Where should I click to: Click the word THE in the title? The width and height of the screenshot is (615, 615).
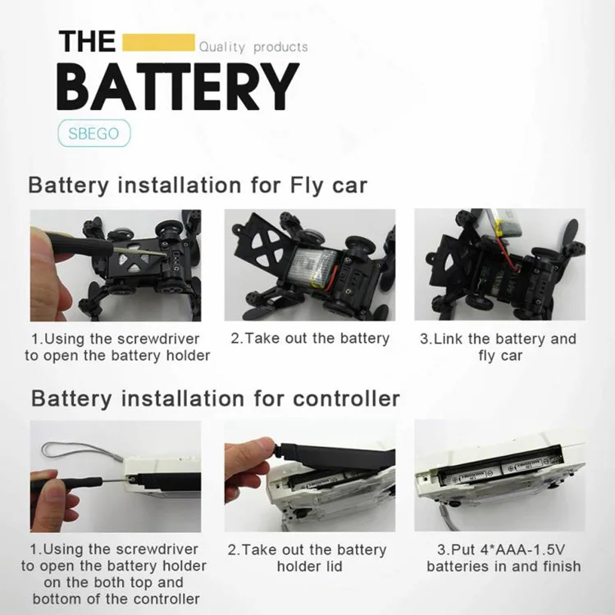(x=87, y=42)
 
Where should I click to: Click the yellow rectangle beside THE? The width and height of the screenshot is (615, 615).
(x=158, y=43)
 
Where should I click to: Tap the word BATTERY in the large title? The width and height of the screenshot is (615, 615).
(x=178, y=87)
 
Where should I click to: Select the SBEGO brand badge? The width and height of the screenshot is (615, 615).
(x=93, y=134)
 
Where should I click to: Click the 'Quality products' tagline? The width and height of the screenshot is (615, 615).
(x=253, y=47)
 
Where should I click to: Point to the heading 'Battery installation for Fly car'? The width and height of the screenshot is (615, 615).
(x=198, y=185)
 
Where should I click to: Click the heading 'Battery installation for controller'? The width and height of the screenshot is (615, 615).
(x=216, y=399)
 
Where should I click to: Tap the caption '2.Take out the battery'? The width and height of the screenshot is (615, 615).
(x=310, y=339)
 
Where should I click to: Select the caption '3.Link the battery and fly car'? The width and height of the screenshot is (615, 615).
(x=499, y=347)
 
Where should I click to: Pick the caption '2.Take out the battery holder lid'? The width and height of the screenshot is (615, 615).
(x=307, y=558)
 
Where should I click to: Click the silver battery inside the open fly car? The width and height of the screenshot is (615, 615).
(x=314, y=267)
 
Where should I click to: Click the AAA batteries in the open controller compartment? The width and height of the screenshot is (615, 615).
(x=500, y=471)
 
